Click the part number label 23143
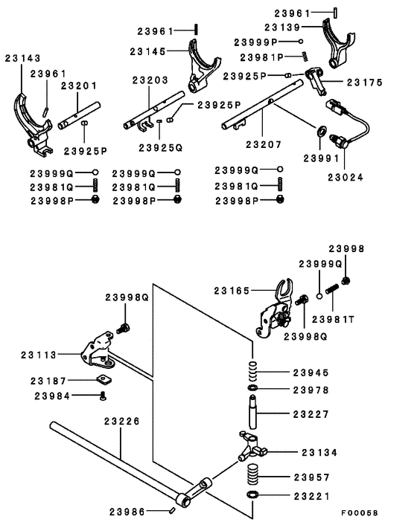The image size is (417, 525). [x=22, y=58]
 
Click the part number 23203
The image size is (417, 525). [x=150, y=80]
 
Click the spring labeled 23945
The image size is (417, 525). [x=253, y=370]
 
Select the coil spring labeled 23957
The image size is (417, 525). [x=252, y=474]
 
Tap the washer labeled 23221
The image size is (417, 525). [x=252, y=495]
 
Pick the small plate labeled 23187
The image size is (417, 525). [x=104, y=380]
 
